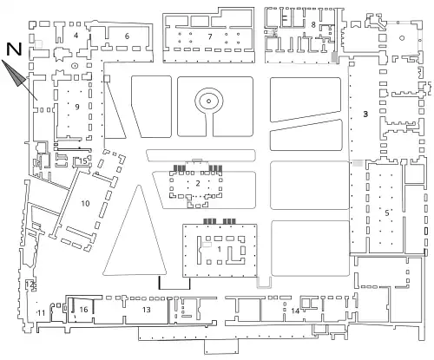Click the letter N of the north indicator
click(14, 49)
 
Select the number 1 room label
click(220, 249)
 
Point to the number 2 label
click(198, 183)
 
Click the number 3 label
click(365, 115)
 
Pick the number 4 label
click(76, 36)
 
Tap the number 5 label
click(387, 213)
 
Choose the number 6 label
click(127, 36)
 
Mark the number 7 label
click(210, 36)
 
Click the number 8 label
click(313, 24)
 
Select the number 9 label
click(77, 107)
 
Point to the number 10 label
click(85, 204)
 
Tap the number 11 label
click(41, 312)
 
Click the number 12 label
click(30, 285)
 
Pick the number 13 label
click(147, 310)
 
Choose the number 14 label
click(295, 311)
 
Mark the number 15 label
click(83, 161)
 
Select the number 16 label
click(83, 310)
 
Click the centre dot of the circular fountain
click(208, 101)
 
